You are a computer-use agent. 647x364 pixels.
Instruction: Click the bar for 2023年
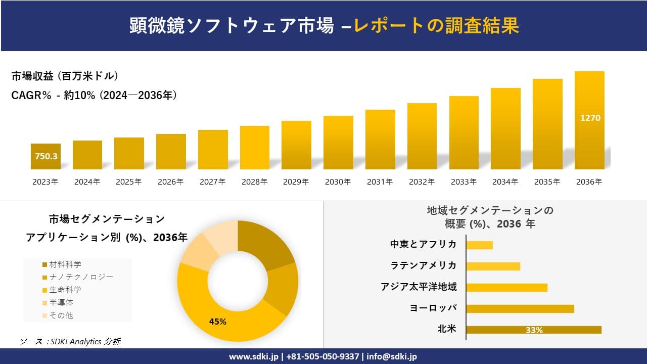(45, 156)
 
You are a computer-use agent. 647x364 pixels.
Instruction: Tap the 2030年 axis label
(338, 182)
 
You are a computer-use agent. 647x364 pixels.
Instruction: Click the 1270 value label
(590, 118)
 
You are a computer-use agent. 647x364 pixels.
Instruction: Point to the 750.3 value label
(46, 157)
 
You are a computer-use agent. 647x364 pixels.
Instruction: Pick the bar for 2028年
(254, 148)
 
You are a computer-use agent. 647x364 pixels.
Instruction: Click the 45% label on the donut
(218, 322)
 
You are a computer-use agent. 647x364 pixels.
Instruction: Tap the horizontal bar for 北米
(533, 330)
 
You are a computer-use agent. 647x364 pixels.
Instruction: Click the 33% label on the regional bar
(534, 330)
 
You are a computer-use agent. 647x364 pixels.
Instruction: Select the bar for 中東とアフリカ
(479, 245)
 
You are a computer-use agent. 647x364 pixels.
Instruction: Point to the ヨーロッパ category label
(433, 308)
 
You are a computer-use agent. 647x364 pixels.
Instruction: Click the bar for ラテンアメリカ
(493, 266)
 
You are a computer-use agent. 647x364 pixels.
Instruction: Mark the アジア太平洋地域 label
(419, 287)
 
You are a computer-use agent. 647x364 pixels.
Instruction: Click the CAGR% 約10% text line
(94, 96)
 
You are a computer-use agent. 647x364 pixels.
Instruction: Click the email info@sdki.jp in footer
(392, 356)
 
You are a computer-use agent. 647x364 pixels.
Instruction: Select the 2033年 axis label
(464, 182)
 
